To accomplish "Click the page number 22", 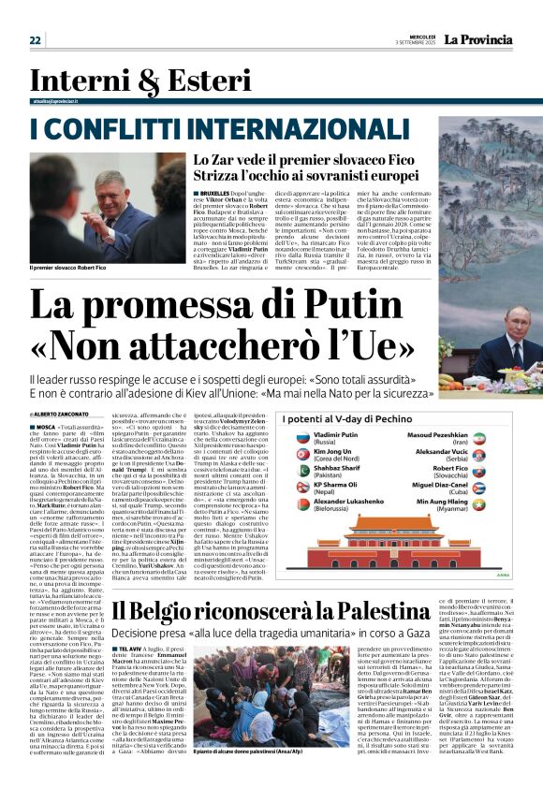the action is coord(36,39).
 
